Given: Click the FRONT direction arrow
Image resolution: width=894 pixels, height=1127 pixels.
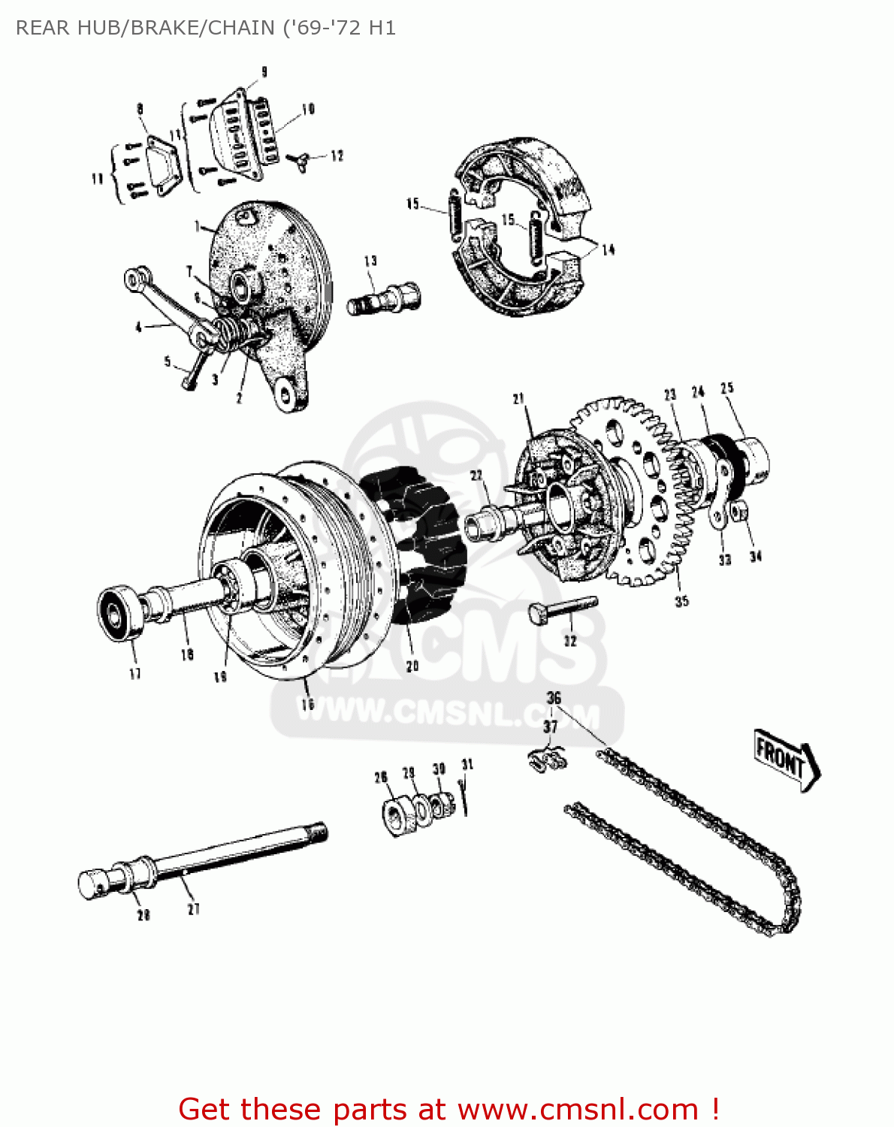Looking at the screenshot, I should pos(786,759).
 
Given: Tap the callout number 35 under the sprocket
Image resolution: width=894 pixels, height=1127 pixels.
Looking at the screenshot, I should pos(681,601).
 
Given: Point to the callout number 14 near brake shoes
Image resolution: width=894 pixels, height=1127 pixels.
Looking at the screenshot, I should pos(608,250).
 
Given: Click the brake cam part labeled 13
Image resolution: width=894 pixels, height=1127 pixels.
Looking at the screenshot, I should pos(384,298).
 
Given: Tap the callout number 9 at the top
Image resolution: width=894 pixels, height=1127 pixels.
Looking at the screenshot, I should pos(264,72).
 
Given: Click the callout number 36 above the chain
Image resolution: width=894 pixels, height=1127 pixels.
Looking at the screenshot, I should pos(554,698).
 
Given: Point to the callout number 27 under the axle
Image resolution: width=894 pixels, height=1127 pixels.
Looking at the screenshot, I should pos(194,909).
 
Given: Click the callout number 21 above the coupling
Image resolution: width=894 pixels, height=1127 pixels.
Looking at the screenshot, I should pos(518,399).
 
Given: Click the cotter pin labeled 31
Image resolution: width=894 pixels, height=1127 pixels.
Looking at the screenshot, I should pos(466,798).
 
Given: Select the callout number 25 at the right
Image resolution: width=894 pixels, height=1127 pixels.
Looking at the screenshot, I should pos(726,388).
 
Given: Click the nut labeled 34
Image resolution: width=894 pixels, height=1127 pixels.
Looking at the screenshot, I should pos(739,512).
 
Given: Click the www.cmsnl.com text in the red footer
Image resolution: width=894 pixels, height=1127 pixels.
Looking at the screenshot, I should pos(578,1109).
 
